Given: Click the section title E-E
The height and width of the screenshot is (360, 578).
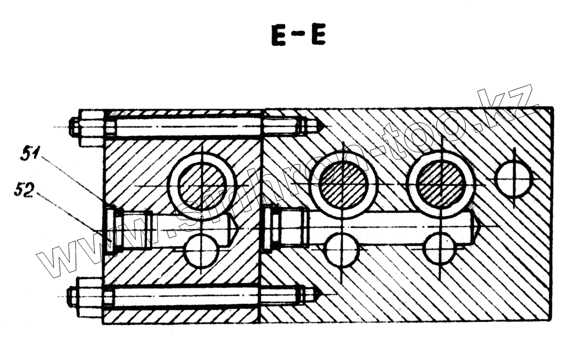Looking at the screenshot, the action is [x=298, y=36].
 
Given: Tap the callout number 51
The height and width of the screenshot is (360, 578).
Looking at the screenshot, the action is [x=30, y=154].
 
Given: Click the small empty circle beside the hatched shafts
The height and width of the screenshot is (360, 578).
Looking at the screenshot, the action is [x=513, y=177].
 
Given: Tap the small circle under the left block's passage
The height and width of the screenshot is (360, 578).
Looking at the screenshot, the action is [x=201, y=252].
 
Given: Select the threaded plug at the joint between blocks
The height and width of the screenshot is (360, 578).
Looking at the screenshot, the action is [x=271, y=229].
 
